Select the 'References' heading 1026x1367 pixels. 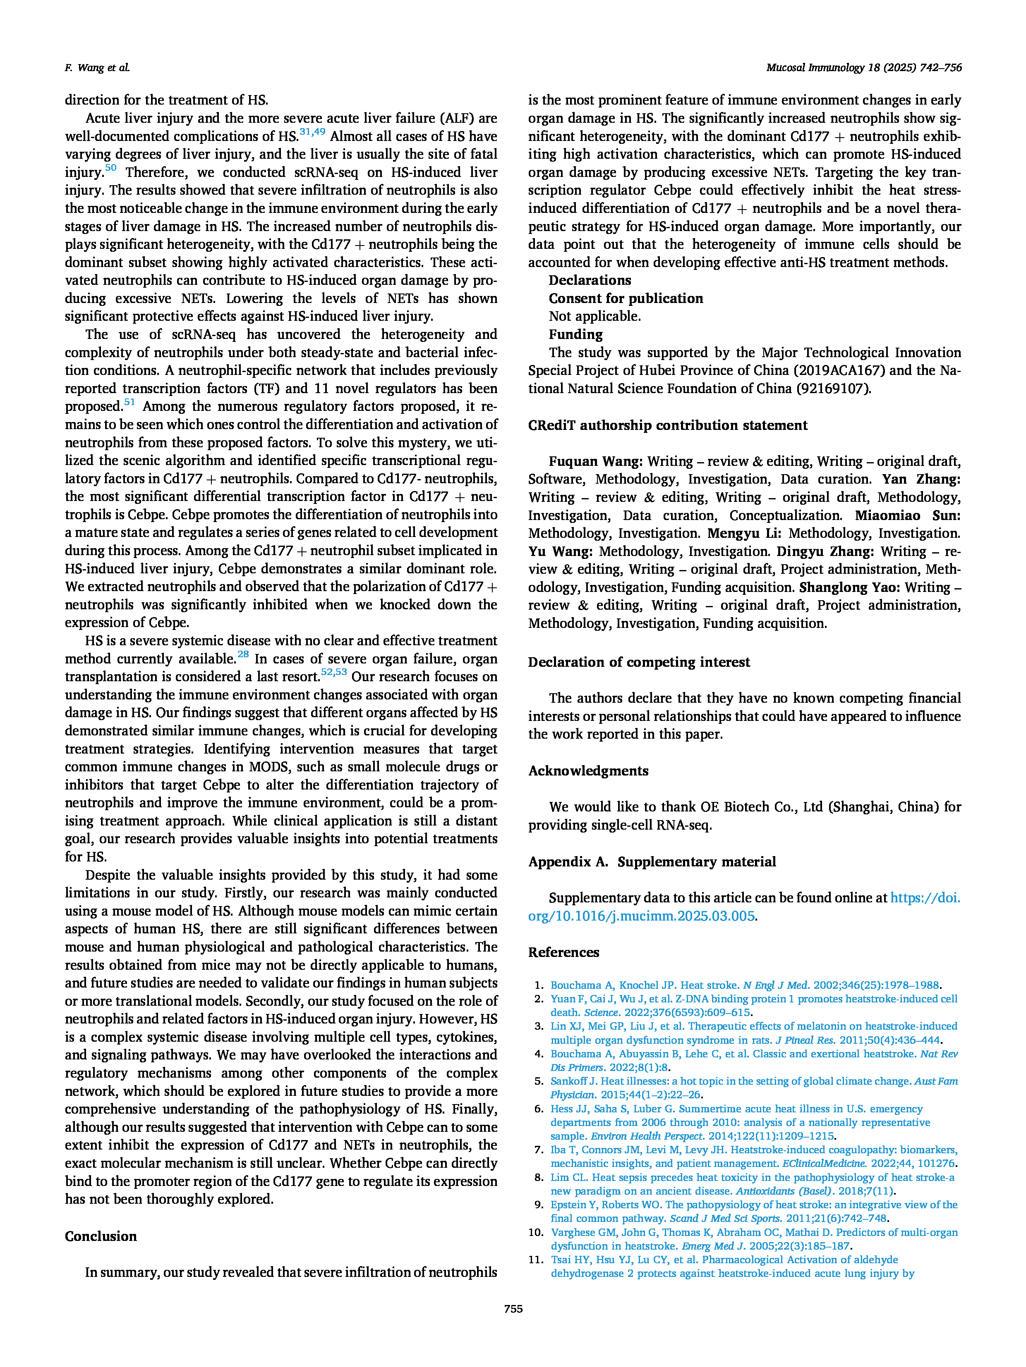coord(563,952)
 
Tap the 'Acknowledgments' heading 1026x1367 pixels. coord(588,770)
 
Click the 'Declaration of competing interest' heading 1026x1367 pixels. coord(639,661)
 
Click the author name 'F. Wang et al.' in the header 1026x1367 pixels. coord(97,67)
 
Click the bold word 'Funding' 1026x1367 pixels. coord(575,334)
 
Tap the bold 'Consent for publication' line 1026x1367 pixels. coord(625,298)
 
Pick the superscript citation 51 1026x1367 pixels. coord(129,402)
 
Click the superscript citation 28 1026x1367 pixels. coord(243,654)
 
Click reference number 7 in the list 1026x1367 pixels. coord(539,1150)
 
